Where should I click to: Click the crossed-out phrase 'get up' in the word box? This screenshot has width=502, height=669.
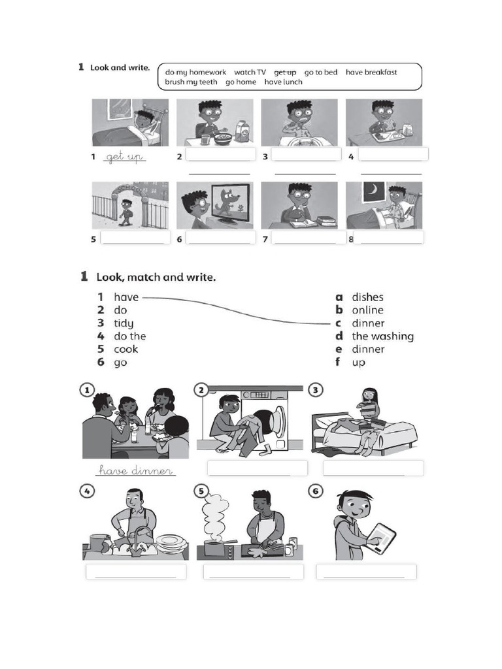[285, 73]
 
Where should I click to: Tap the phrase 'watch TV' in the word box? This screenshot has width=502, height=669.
[250, 73]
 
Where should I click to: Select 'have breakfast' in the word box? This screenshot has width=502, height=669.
[371, 73]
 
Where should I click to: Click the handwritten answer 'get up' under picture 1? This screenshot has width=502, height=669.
[124, 157]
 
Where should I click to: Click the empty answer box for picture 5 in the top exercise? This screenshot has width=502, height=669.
[133, 238]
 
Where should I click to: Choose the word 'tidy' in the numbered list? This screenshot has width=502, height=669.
[124, 323]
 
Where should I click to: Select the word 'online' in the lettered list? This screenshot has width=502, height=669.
[367, 310]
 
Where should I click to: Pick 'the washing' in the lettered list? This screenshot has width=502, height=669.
[382, 336]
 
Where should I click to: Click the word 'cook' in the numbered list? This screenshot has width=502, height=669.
[125, 350]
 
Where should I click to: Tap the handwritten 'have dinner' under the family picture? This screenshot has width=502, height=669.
[135, 470]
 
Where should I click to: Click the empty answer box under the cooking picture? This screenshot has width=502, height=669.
[253, 572]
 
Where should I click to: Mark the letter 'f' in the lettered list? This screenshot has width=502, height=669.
[339, 362]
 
